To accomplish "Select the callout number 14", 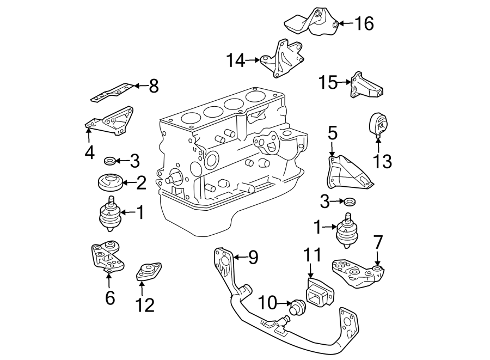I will [x=236, y=60].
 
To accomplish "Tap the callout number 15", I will [x=328, y=83].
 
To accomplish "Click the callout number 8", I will [x=153, y=86].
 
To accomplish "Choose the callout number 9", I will [x=253, y=257].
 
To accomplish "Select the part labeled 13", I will [x=377, y=125].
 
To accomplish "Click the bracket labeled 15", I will [x=366, y=87].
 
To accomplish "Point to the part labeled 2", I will [x=109, y=182].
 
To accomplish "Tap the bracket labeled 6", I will [x=107, y=258].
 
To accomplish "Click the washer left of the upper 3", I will [x=109, y=160].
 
